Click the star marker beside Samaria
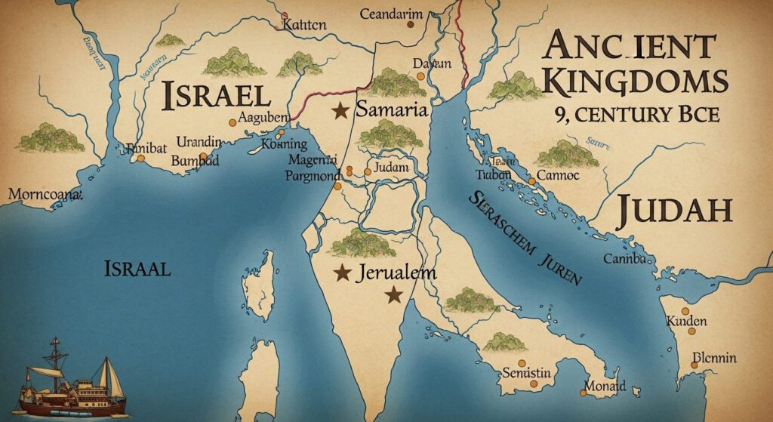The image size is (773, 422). (340, 111)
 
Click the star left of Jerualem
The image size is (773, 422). (342, 272)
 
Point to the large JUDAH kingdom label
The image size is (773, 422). (674, 210)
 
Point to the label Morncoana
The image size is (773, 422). (44, 194)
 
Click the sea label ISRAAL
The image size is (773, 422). (137, 267)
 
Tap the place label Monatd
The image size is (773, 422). (605, 386)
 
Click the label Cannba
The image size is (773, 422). (625, 260)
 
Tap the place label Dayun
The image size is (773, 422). (432, 64)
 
